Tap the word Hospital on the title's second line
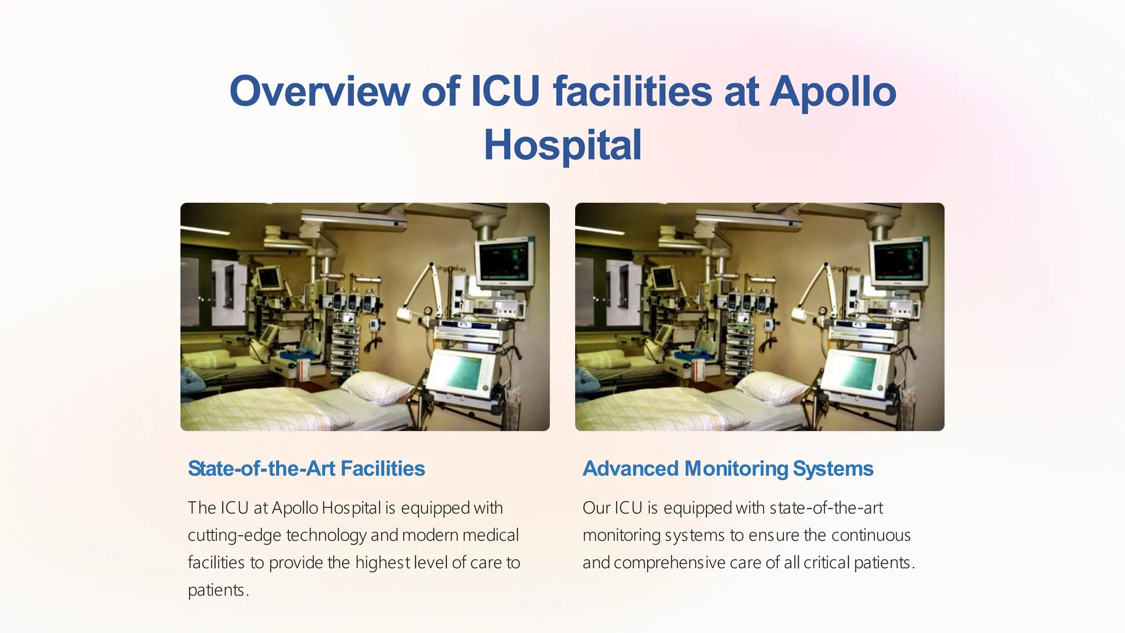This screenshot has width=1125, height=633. coord(562,145)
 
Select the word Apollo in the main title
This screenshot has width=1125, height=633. coord(833,91)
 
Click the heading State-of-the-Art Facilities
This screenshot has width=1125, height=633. coord(306,469)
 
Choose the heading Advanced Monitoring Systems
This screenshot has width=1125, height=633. coord(727,469)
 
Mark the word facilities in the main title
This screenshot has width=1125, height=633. coord(632,91)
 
